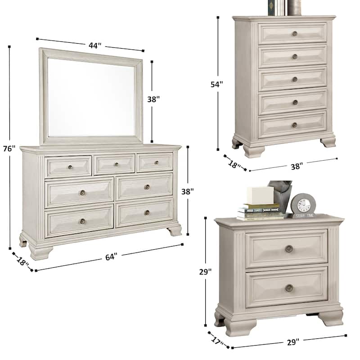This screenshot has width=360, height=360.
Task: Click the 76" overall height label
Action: tap(10, 148)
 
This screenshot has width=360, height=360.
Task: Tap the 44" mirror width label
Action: tap(94, 45)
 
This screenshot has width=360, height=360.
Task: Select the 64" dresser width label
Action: tap(111, 256)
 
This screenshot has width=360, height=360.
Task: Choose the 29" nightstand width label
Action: tap(292, 342)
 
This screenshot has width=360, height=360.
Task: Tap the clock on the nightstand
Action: tap(303, 205)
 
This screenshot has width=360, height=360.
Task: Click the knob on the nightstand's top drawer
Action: tap(289, 248)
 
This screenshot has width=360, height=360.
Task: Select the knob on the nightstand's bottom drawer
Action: tap(289, 288)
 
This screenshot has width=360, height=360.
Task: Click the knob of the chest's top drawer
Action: tap(295, 33)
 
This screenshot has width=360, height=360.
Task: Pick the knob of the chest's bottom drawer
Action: tap(295, 125)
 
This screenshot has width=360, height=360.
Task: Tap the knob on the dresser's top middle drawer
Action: tap(116, 164)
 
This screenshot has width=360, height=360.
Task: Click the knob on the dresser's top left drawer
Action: tap(71, 167)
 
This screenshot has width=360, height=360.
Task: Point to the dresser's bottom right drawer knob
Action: tap(147, 212)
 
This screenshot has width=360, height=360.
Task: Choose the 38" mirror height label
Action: tap(153, 99)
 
